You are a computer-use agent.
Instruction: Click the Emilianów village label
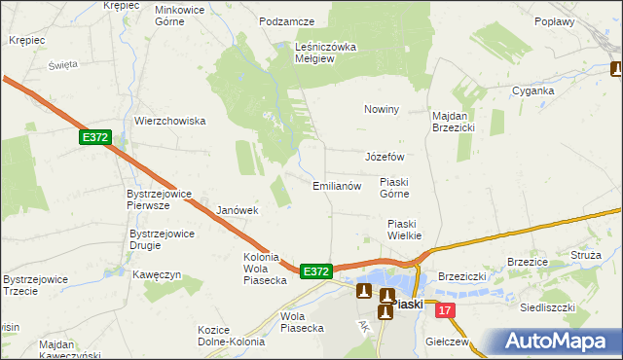pos(337,185)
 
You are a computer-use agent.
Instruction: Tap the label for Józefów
pos(384,156)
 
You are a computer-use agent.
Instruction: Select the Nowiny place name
pos(382,109)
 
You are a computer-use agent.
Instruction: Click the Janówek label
pos(237,210)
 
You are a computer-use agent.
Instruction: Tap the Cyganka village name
pos(533,90)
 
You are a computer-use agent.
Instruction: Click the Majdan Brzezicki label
pos(453,121)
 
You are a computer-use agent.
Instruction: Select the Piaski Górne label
pos(398,187)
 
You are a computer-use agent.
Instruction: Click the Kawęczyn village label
pos(158,274)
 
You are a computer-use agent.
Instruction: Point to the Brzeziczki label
pos(462,276)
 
